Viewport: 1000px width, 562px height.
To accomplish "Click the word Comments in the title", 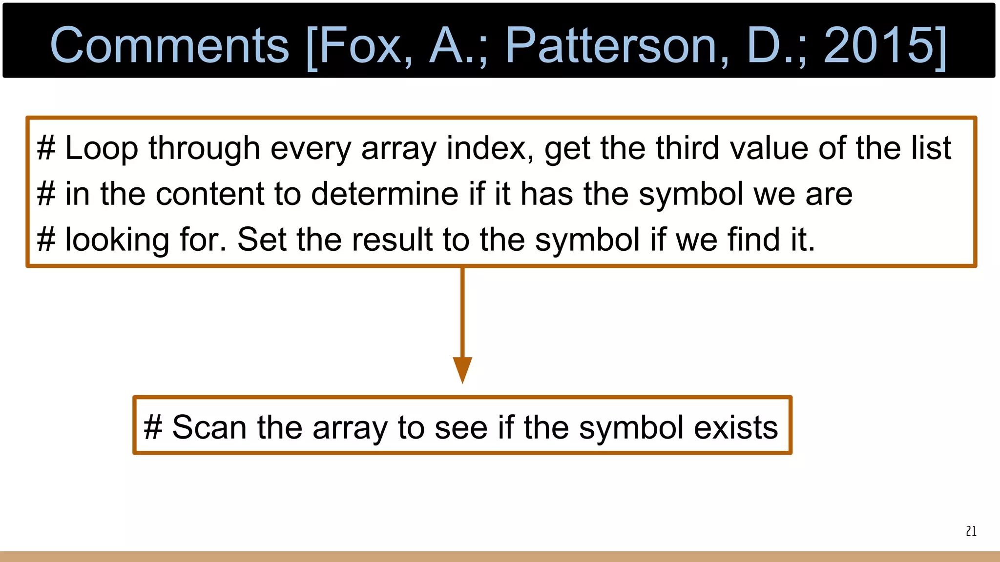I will tap(169, 45).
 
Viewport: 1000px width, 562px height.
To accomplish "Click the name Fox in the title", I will tap(361, 45).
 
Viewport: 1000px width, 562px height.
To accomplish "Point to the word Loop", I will tap(101, 148).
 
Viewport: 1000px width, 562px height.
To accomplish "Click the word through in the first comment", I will tap(204, 148).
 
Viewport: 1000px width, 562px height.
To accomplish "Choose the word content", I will tap(210, 194).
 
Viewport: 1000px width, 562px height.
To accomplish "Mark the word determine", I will tap(385, 194).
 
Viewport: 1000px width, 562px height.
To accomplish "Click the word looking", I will tap(117, 240).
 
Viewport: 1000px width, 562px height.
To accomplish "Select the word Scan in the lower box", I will tap(209, 428).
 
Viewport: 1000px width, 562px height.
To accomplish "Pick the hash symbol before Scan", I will tap(153, 428).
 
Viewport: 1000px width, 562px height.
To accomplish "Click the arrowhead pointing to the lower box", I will tap(462, 369).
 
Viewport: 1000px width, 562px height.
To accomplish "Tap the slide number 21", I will tap(971, 531).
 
